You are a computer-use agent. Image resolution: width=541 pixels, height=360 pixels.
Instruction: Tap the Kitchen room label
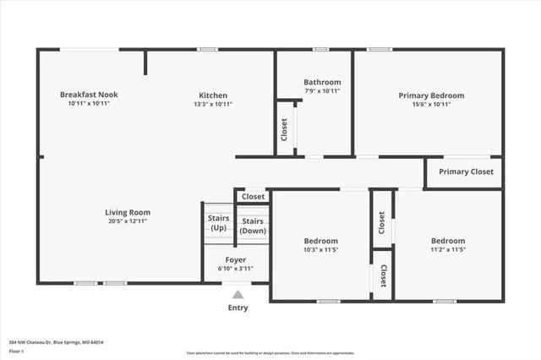(x=213, y=95)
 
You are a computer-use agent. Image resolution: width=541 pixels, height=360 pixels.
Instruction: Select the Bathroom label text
(x=322, y=81)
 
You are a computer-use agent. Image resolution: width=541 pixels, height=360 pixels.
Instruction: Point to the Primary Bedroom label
(x=431, y=95)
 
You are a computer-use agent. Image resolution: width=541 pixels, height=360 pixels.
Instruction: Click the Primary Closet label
(x=465, y=172)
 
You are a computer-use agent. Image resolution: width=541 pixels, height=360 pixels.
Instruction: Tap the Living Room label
(x=128, y=212)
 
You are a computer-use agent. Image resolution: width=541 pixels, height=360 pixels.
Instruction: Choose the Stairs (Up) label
(x=218, y=223)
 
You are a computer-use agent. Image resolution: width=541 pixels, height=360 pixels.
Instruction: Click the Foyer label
(x=236, y=259)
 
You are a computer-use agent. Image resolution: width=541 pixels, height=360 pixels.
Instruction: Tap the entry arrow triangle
(x=238, y=294)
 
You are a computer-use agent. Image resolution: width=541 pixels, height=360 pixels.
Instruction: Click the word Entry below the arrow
(x=238, y=308)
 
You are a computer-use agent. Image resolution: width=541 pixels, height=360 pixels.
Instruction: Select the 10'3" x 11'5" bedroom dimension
(x=321, y=250)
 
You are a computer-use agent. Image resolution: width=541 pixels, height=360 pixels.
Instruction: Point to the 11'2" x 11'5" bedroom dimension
(x=447, y=250)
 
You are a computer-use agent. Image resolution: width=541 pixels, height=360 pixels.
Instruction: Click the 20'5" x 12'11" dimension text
(x=128, y=222)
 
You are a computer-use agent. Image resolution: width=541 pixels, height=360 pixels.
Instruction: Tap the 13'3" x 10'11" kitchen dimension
(x=213, y=104)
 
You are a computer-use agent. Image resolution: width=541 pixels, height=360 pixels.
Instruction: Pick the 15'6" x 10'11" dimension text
(x=431, y=105)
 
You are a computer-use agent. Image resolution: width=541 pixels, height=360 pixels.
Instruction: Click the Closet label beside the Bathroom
(x=284, y=128)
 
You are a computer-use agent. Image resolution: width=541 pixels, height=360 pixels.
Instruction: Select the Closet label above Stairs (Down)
(x=253, y=196)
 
